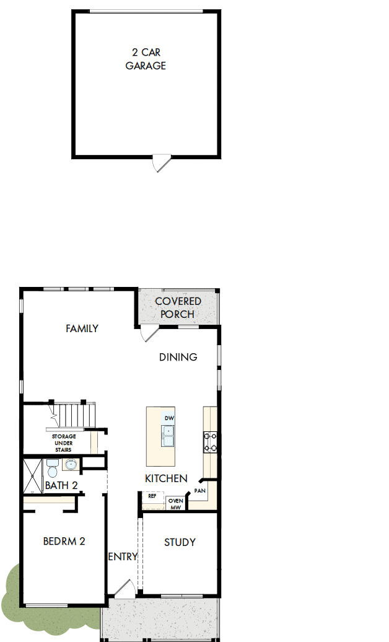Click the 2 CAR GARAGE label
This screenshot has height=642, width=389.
[x=146, y=59]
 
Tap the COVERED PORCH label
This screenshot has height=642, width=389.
[x=178, y=308]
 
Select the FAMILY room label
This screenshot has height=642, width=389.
[x=82, y=329]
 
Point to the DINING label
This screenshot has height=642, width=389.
[x=178, y=357]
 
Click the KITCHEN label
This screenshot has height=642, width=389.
[x=166, y=478]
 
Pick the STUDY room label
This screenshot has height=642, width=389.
[x=180, y=542]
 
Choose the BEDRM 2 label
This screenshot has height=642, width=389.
[x=64, y=541]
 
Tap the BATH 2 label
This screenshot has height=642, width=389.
[x=61, y=486]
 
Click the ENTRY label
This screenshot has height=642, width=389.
[x=123, y=556]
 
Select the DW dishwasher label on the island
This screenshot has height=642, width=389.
[x=169, y=418]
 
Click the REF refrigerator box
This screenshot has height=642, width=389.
[x=152, y=496]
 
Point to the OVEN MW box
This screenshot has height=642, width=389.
[x=176, y=503]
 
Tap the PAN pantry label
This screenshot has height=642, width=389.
[x=199, y=491]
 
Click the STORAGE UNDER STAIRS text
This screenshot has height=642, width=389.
[x=64, y=443]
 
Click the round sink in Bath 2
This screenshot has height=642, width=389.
[x=71, y=465]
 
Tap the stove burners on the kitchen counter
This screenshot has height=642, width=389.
[x=211, y=441]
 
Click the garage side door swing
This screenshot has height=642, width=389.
[x=160, y=164]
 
